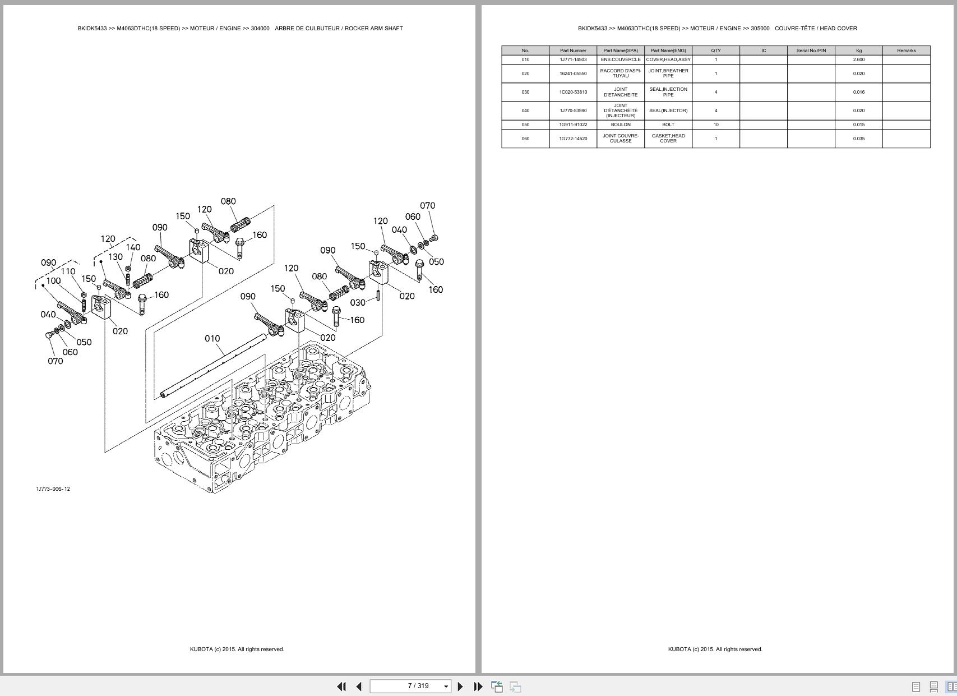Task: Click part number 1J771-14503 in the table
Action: pos(573,59)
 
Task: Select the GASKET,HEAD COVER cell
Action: pos(668,139)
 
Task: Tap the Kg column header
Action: pos(858,50)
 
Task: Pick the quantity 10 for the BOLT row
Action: pos(716,125)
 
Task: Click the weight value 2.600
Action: pos(858,59)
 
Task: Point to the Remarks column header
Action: pos(906,50)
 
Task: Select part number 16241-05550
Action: pos(573,73)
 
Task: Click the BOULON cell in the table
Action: pos(621,125)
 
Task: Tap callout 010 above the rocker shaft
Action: pos(212,339)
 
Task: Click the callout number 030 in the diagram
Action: pos(358,303)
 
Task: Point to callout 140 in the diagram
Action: pos(133,247)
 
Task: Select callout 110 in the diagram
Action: pos(68,271)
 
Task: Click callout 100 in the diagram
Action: pos(53,281)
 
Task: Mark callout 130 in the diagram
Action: pos(115,257)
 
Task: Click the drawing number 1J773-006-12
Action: pos(53,489)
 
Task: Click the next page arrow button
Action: pos(460,686)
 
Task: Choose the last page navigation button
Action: pos(478,686)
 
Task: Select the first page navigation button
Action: pos(341,686)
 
